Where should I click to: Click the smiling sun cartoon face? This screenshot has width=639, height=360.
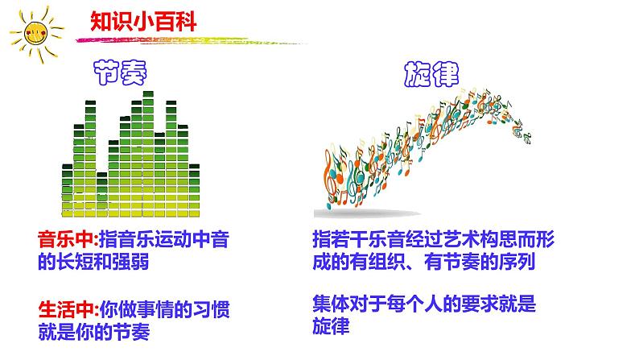coord(36,33)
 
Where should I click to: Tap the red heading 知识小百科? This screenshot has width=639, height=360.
coord(143,22)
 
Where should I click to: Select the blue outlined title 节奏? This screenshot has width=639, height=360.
coord(120,72)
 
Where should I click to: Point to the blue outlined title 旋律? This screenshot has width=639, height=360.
coord(431,74)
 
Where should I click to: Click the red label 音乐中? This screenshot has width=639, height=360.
coord(68,239)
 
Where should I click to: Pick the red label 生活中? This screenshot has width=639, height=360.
coord(68,309)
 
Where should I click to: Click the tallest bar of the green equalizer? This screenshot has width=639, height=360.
coord(148,154)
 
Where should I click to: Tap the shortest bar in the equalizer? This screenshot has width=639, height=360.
coord(102,194)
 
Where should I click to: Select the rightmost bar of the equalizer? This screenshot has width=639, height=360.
coord(195,190)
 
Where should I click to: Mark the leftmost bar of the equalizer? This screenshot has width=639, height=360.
coord(68,190)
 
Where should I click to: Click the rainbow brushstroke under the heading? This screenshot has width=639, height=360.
coord(191,40)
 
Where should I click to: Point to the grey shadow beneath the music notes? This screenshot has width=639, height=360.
coord(367,213)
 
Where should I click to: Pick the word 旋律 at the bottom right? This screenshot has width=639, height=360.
coord(331,326)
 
